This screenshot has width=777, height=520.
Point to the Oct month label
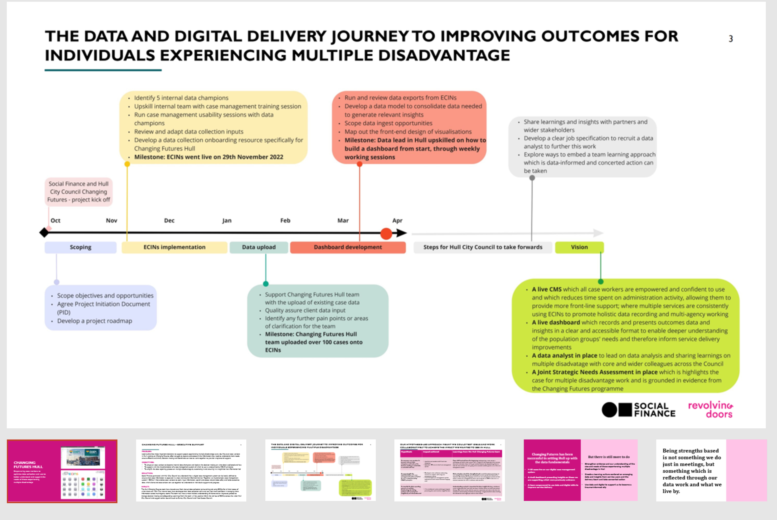tap(55, 221)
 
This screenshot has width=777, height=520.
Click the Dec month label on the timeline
tap(169, 221)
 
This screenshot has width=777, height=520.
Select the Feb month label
tap(285, 221)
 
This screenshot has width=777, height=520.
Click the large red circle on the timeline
tap(386, 233)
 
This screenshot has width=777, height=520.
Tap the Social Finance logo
tap(638, 410)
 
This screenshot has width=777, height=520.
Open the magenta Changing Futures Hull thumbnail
tap(62, 471)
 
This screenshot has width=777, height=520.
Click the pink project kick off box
tap(78, 192)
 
